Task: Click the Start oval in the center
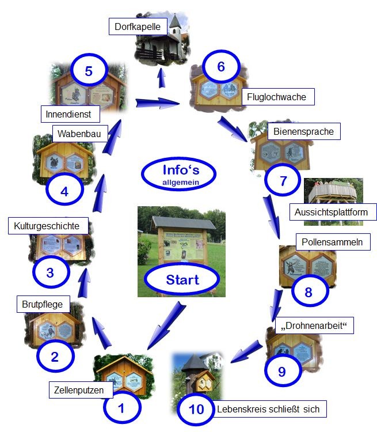(x=182, y=280)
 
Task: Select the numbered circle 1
(x=121, y=408)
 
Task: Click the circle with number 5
(x=88, y=72)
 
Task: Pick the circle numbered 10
(x=196, y=410)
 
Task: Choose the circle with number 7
(x=283, y=181)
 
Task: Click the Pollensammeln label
(x=332, y=242)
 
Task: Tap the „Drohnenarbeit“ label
(x=315, y=325)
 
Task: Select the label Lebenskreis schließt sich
(x=272, y=410)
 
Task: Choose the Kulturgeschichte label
(x=47, y=225)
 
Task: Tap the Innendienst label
(x=68, y=114)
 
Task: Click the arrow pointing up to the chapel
(x=162, y=74)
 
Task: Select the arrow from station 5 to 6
(x=158, y=103)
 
